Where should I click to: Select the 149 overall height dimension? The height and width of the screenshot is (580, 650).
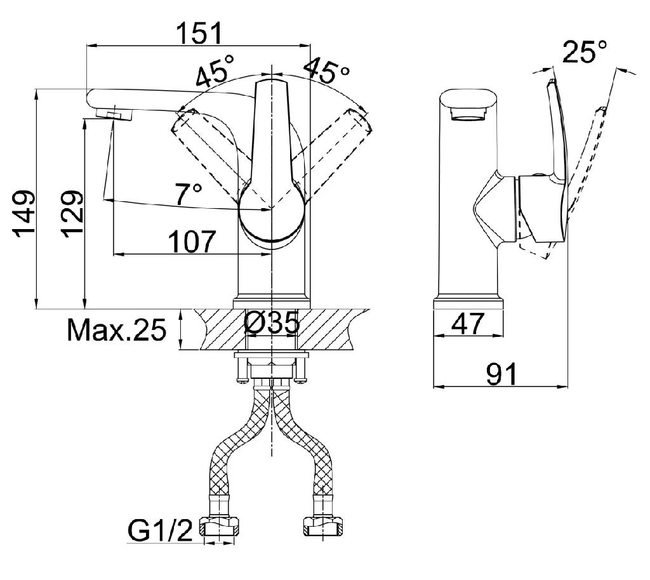pos(23,214)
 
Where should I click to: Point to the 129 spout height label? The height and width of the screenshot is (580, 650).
pos(72,214)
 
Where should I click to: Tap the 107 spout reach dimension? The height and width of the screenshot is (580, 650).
pos(192,242)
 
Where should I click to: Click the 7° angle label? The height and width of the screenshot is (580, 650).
pos(188,194)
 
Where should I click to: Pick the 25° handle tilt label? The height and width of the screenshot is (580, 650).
pos(585,51)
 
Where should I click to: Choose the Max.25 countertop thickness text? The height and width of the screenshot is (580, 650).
pos(117,330)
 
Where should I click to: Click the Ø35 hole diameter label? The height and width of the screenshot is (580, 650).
pos(272,323)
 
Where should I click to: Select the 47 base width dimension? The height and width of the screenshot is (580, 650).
pos(468,324)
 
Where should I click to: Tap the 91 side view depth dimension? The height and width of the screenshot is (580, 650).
pos(501,374)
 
